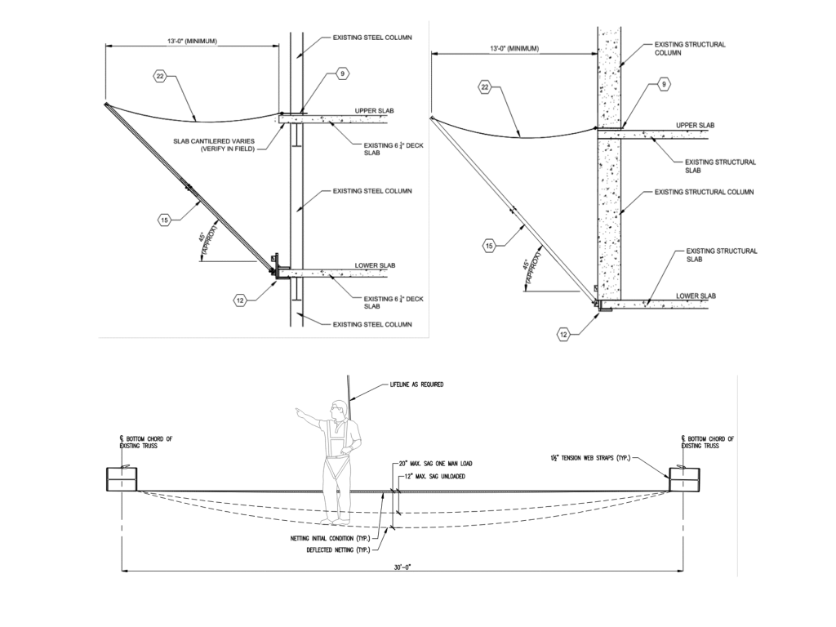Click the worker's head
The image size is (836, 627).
(336, 407)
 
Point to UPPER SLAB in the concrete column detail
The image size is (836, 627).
(696, 126)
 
